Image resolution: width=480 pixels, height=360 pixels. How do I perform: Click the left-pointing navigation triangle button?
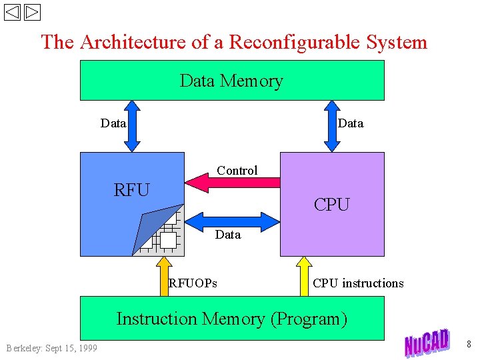point(12,13)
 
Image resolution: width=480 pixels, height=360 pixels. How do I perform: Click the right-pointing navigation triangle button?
point(32,13)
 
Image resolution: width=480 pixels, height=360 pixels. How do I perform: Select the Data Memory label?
point(231,81)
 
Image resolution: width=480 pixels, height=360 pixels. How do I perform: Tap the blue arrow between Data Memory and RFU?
point(133,126)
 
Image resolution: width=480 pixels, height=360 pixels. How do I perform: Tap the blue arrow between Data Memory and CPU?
point(331,126)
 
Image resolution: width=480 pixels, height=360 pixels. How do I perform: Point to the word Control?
point(237,170)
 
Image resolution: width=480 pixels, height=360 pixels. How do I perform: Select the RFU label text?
point(132,190)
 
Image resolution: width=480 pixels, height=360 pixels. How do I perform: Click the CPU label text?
point(331,205)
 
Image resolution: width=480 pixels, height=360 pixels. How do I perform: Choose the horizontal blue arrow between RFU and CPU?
point(231,220)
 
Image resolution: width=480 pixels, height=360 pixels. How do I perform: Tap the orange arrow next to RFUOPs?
point(163,277)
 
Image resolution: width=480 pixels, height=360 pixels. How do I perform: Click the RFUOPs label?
point(193,283)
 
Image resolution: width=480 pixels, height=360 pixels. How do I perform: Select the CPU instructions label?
point(358,283)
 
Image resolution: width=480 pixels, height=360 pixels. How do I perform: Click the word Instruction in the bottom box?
point(157,319)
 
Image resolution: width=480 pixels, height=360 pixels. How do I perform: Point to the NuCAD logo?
point(427,343)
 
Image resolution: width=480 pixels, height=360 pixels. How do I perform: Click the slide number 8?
point(469,345)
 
